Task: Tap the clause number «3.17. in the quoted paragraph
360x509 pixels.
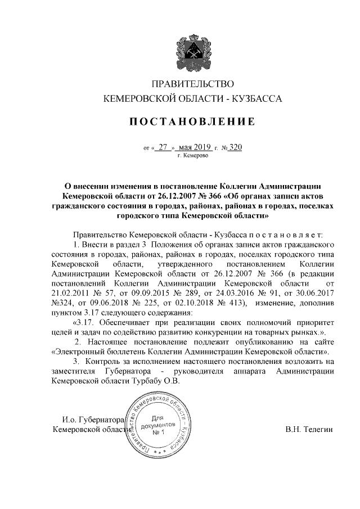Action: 84,322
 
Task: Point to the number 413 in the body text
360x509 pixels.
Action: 233,303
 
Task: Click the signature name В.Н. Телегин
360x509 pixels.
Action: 309,430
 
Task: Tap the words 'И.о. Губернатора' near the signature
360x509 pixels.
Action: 93,420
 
